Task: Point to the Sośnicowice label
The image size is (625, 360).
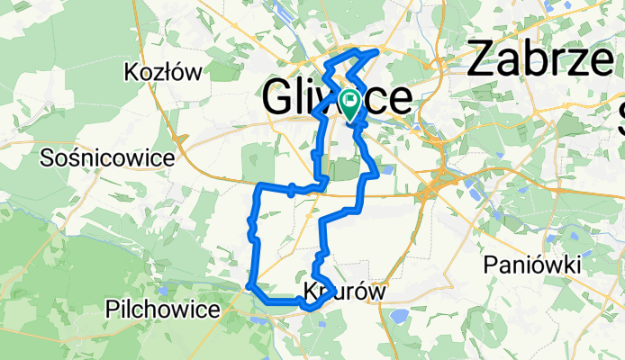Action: click(x=107, y=158)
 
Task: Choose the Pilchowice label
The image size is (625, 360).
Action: click(x=162, y=310)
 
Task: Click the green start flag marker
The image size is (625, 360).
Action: click(x=349, y=102)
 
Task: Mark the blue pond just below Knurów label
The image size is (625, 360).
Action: click(x=397, y=316)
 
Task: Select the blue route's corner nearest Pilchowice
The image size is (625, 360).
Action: click(x=249, y=286)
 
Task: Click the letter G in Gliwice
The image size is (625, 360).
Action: click(x=278, y=98)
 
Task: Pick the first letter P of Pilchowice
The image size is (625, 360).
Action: click(x=112, y=310)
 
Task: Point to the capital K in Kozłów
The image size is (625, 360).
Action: click(x=132, y=72)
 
